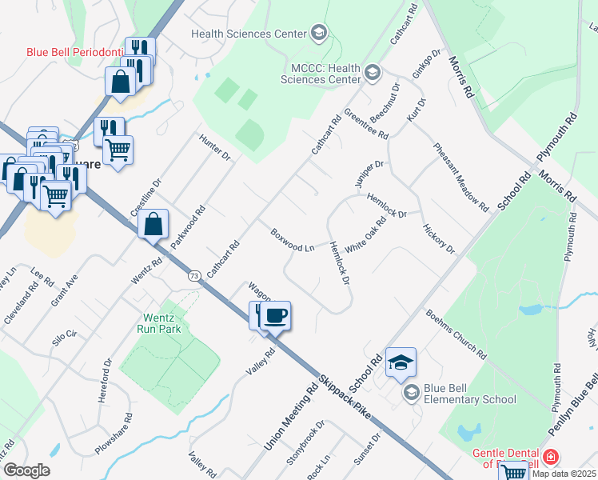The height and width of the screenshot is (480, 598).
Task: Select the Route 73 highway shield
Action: pyautogui.click(x=194, y=274)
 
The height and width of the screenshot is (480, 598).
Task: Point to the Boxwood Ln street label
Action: pyautogui.click(x=292, y=240)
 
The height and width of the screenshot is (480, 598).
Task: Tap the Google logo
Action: pyautogui.click(x=26, y=470)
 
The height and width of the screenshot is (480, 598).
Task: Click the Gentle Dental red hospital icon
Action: pyautogui.click(x=550, y=457)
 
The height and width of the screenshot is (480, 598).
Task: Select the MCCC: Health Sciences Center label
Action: pyautogui.click(x=320, y=74)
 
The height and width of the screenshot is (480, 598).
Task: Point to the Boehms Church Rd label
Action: pyautogui.click(x=456, y=334)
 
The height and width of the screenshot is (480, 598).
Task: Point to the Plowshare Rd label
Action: pyautogui.click(x=114, y=434)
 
